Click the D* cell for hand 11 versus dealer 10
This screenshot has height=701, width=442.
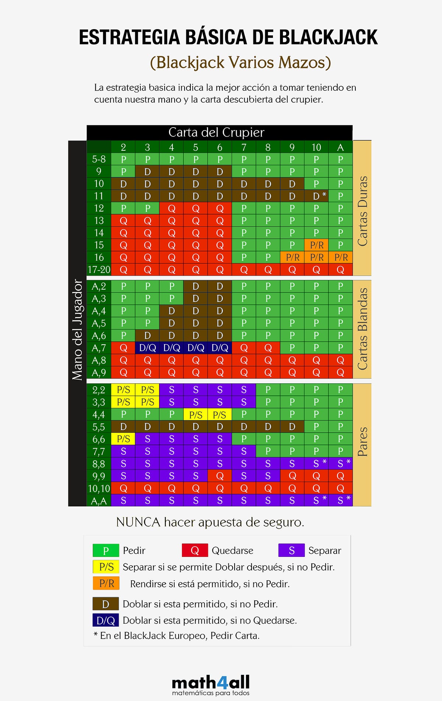(316, 196)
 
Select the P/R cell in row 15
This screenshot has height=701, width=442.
(316, 245)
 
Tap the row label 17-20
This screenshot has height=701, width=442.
(99, 270)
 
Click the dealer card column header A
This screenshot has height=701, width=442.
(340, 147)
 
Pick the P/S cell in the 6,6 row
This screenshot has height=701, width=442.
(123, 439)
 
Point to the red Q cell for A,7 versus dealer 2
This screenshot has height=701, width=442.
(123, 348)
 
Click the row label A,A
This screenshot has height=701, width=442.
(99, 501)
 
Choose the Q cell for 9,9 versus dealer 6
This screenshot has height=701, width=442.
(220, 476)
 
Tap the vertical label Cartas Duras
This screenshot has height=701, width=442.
(362, 211)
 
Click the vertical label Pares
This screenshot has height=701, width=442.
(362, 442)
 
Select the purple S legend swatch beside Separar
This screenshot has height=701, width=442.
(291, 550)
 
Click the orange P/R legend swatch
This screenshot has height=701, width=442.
(106, 583)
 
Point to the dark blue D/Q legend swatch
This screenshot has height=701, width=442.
(106, 620)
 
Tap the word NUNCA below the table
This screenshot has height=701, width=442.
(138, 522)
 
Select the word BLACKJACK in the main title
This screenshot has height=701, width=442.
(329, 37)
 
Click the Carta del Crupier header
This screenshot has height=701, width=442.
(216, 132)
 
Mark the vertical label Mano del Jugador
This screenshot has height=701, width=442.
(77, 329)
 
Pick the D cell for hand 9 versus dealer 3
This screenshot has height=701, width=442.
(147, 171)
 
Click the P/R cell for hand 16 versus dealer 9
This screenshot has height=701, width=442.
(292, 257)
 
